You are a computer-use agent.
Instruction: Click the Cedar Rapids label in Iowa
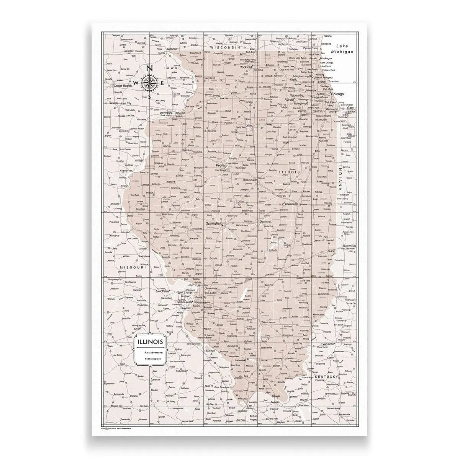tap(123, 86)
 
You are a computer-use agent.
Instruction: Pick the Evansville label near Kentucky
tap(325, 344)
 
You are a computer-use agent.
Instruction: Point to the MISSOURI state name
tap(133, 267)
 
